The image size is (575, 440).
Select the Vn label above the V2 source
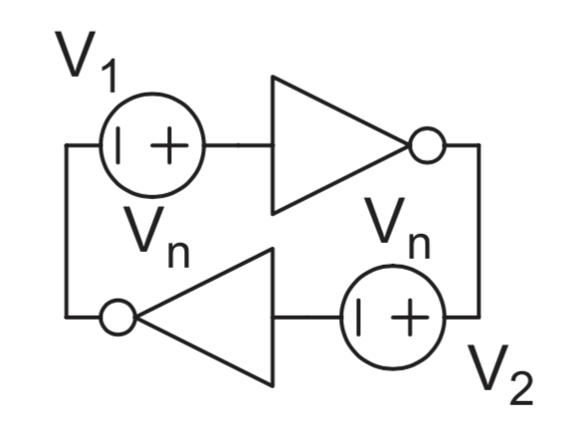397,228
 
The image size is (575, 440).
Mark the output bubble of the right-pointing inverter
426,147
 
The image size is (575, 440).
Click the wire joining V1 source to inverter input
238,147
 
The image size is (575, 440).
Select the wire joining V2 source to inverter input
306,319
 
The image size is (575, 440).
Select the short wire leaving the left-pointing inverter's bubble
85,319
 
